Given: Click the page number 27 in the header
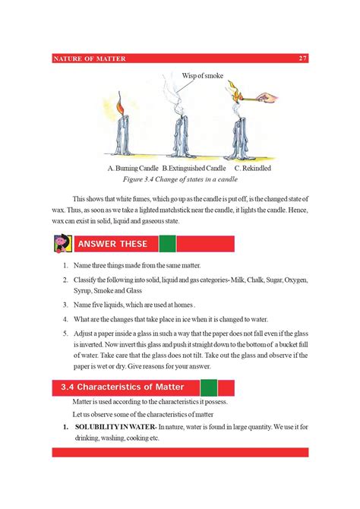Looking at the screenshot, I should pyautogui.click(x=302, y=58).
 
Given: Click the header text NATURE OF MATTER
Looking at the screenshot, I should pyautogui.click(x=90, y=58).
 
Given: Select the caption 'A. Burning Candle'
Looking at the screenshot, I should pyautogui.click(x=134, y=167).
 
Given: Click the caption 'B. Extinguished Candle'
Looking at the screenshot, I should pyautogui.click(x=194, y=167).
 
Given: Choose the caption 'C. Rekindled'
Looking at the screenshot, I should pyautogui.click(x=253, y=167).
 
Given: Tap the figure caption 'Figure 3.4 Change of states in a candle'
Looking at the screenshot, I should pyautogui.click(x=180, y=179).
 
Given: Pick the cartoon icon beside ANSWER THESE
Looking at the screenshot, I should pyautogui.click(x=62, y=244).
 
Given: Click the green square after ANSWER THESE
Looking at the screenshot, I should pyautogui.click(x=167, y=244).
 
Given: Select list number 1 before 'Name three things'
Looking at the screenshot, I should pyautogui.click(x=65, y=267).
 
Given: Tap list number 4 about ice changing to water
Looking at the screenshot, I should pyautogui.click(x=65, y=319).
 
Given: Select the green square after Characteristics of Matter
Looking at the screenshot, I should pyautogui.click(x=209, y=387).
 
